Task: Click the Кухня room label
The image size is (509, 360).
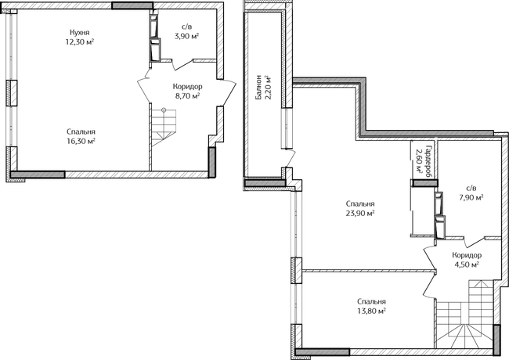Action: pos(80,32)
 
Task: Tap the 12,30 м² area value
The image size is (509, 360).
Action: pos(80,41)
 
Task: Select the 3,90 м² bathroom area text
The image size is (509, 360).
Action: pos(186,36)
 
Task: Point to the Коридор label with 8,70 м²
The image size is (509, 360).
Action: pos(187,87)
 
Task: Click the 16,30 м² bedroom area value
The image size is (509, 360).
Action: pos(81,141)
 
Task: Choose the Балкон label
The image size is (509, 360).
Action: pos(258,87)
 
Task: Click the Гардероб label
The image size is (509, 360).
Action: pos(428,161)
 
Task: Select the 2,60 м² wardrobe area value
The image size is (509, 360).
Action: pos(420,161)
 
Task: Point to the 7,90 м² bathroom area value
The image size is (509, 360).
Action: pos(471,197)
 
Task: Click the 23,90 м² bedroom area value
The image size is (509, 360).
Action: pos(360,213)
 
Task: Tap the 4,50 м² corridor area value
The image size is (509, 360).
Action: pos(467,265)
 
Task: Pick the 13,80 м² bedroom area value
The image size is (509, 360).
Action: pos(371,311)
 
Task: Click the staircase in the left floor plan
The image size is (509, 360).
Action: pos(164,128)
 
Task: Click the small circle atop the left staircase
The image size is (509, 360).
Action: pos(164,110)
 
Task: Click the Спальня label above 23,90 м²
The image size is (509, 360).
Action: pos(360,203)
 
